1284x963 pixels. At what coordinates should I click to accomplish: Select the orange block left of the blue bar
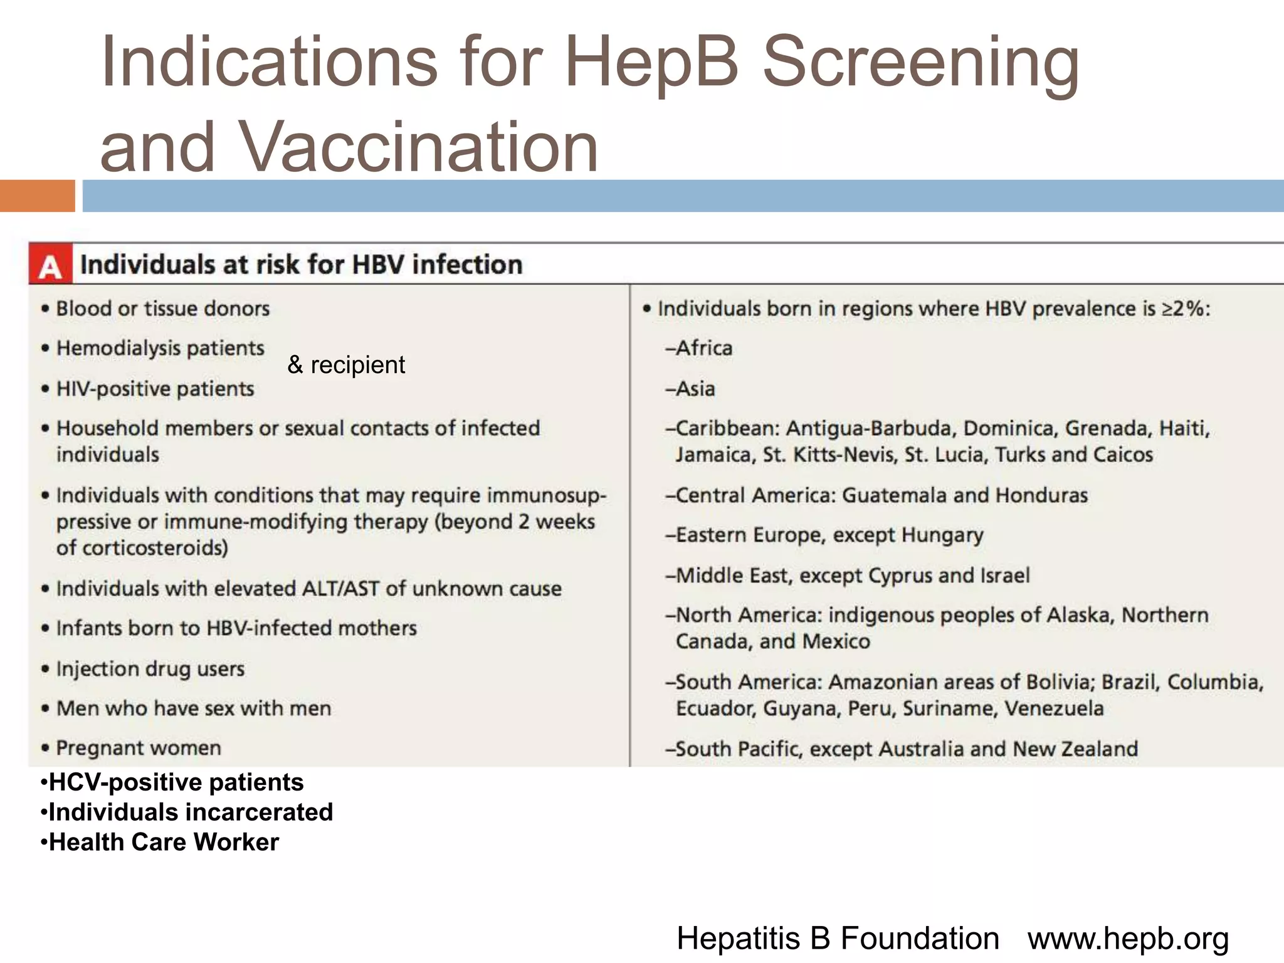pos(37,196)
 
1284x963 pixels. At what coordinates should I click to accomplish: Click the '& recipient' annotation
pos(346,365)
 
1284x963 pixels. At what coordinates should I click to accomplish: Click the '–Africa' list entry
pos(699,348)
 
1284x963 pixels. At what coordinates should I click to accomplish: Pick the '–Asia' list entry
pos(690,389)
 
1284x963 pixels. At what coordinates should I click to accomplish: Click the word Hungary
pos(942,535)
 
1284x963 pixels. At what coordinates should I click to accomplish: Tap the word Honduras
pos(1041,495)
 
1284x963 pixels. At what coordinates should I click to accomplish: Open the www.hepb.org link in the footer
pos(1128,939)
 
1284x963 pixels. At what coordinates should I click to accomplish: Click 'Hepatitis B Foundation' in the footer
pos(838,939)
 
